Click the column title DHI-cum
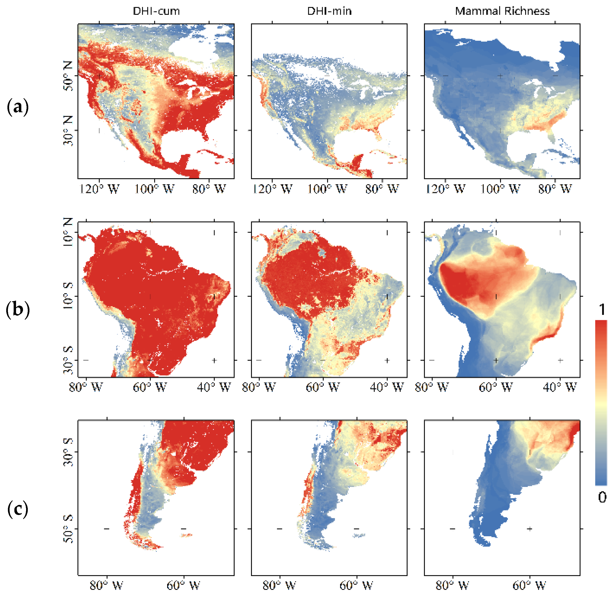[156, 11]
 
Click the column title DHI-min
[329, 11]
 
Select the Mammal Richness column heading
[502, 11]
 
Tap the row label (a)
[17, 107]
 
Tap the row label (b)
[17, 309]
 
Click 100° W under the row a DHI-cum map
[154, 189]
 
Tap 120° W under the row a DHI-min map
[272, 189]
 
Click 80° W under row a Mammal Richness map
[555, 189]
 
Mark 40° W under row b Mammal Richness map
[560, 387]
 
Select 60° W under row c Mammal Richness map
[529, 585]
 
